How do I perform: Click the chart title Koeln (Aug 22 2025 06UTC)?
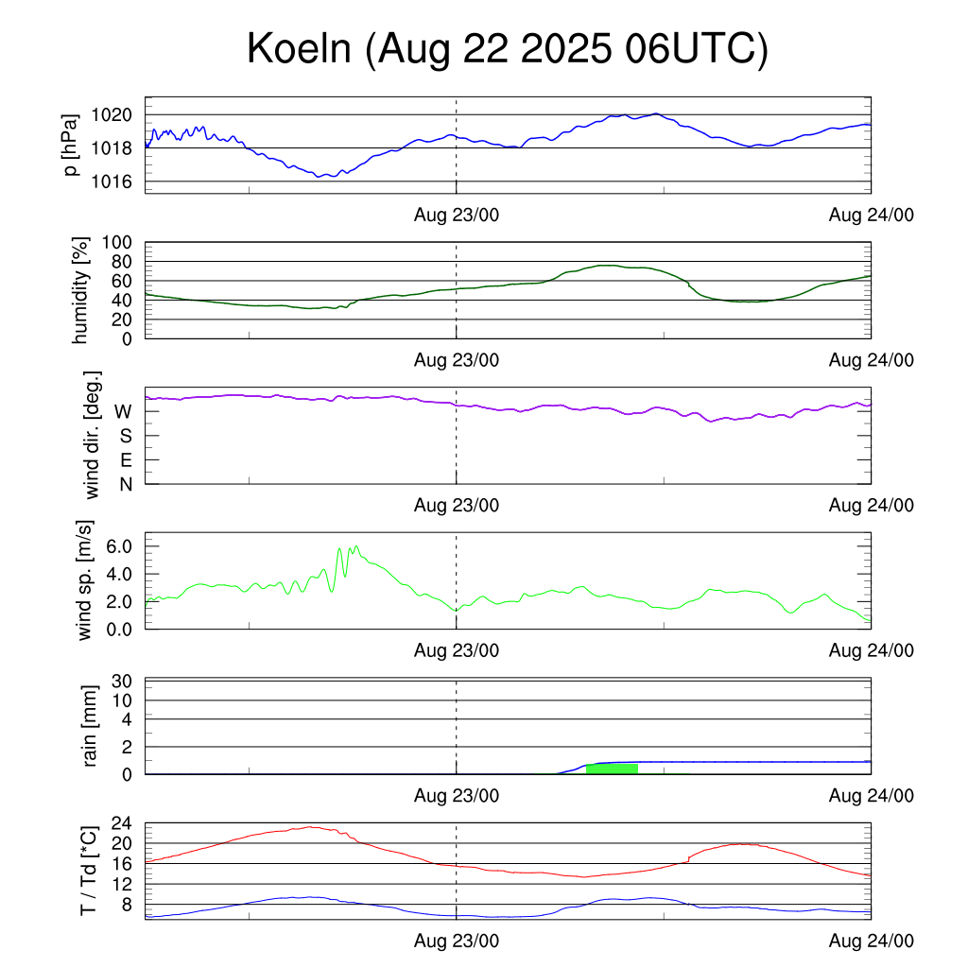coord(508,49)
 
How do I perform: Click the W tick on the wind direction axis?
coord(123,411)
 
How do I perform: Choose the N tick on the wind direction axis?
coord(125,484)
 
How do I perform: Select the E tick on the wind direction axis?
coord(125,460)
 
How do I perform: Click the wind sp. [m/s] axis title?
coord(86,580)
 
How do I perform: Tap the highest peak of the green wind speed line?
coord(355,545)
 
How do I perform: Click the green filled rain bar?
coord(612,769)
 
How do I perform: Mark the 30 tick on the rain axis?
coord(122,682)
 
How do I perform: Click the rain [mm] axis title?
coord(90,726)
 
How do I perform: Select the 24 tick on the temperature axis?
coord(122,822)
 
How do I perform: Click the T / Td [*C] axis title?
coord(88,870)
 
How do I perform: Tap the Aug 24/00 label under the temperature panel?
coord(871,941)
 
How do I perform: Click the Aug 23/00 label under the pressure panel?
coord(457,215)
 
